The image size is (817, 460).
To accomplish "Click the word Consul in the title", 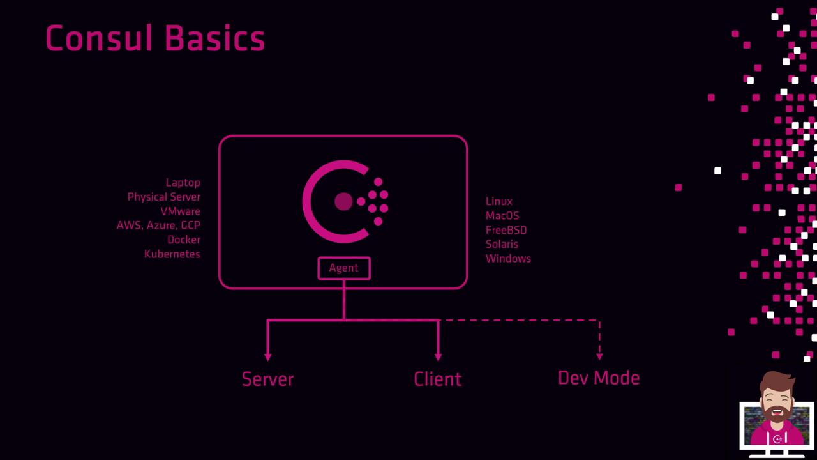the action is click(98, 38).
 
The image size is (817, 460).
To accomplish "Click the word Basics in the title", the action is click(215, 38).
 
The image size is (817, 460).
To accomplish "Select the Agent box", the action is click(344, 268).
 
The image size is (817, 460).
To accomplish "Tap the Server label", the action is click(267, 379).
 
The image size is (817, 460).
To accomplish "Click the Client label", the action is click(438, 379).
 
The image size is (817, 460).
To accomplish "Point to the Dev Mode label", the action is click(599, 378).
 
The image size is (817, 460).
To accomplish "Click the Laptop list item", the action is click(183, 183).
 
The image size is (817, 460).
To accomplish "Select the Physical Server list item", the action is click(164, 197).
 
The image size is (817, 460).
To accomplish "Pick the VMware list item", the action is click(180, 211).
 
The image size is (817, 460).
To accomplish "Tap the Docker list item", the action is click(184, 240).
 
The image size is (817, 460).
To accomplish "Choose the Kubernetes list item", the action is click(172, 254).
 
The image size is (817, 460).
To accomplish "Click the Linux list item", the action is click(499, 201).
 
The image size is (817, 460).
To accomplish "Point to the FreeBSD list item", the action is click(506, 230).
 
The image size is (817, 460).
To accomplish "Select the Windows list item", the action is click(508, 259).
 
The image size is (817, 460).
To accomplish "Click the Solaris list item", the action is click(502, 244).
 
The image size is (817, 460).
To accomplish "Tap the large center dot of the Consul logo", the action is click(343, 201).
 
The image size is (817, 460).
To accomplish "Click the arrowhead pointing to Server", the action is click(267, 356).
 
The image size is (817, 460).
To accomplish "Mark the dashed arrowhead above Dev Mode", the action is click(599, 356).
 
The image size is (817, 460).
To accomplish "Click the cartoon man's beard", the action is click(777, 415).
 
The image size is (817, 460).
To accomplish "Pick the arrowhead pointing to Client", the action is click(438, 356).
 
